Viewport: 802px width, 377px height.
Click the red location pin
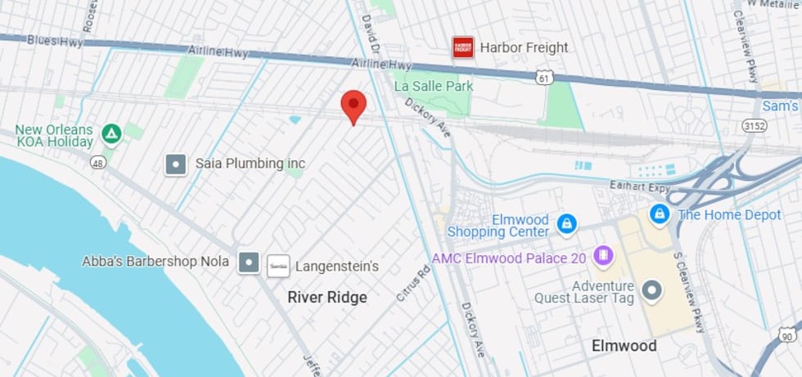[x=353, y=105]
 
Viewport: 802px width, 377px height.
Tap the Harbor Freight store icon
[x=463, y=47]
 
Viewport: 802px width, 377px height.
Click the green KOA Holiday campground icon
[x=111, y=133]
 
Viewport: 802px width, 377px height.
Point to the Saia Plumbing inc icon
[x=175, y=164]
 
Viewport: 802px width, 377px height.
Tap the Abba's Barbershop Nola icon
[x=249, y=263]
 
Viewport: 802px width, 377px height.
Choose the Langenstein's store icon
[x=278, y=266]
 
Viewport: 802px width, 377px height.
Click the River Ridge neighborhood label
[x=327, y=298]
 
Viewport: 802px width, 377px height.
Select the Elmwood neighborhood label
[x=624, y=346]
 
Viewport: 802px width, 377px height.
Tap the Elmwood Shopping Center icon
[x=565, y=223]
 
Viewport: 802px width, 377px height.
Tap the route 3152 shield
[x=753, y=125]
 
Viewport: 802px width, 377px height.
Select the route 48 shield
[x=98, y=164]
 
